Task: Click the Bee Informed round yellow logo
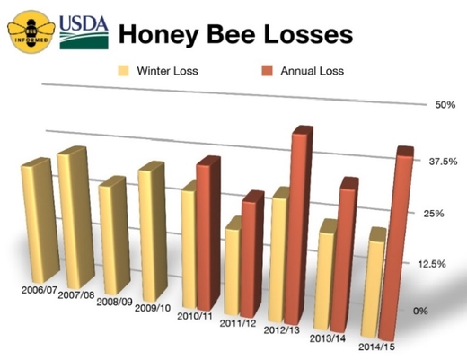(31, 32)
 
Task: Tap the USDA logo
(84, 32)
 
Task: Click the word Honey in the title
(159, 35)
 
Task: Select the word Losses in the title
(308, 34)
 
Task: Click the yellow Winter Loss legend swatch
(123, 71)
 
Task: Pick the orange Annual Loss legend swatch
(267, 71)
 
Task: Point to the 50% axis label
(445, 105)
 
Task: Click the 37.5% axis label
(443, 162)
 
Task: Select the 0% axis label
(420, 311)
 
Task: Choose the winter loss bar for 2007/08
(75, 217)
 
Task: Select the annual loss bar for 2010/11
(208, 233)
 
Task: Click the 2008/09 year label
(114, 302)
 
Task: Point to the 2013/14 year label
(328, 338)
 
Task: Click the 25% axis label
(434, 214)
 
